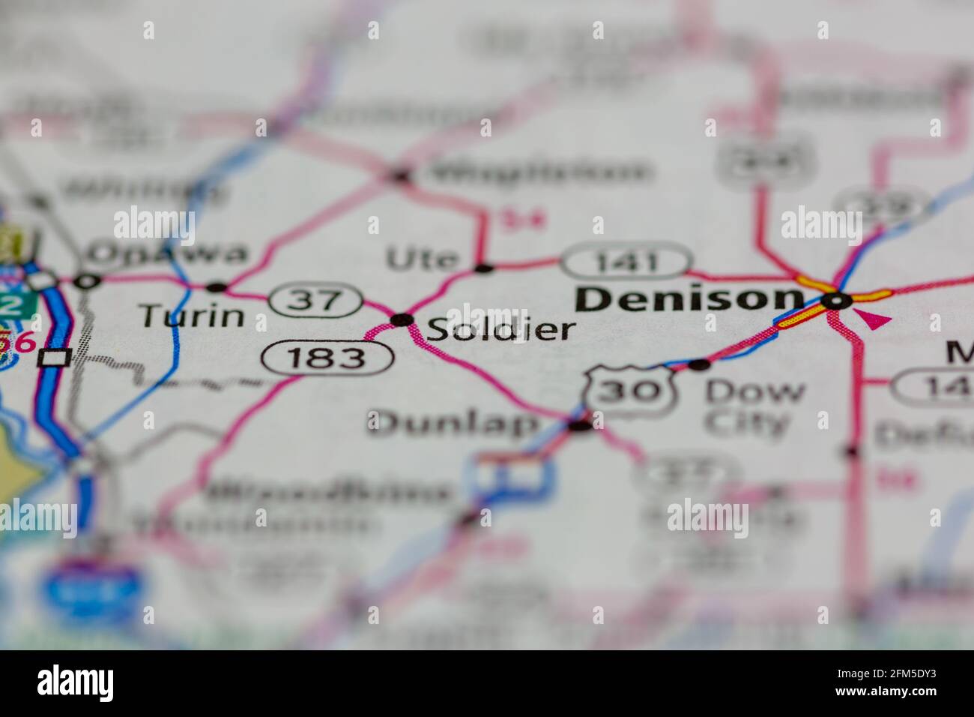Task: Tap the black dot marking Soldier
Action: (403, 320)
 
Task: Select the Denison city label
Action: (688, 299)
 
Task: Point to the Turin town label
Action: (193, 316)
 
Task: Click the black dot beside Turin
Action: (217, 286)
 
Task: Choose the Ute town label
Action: (422, 259)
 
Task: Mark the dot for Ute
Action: (484, 267)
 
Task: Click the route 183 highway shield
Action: (327, 358)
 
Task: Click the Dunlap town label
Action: (453, 424)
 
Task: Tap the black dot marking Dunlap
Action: (581, 426)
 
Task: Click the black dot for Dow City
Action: (699, 364)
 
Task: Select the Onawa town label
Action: (166, 254)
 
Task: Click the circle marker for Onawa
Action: (88, 281)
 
